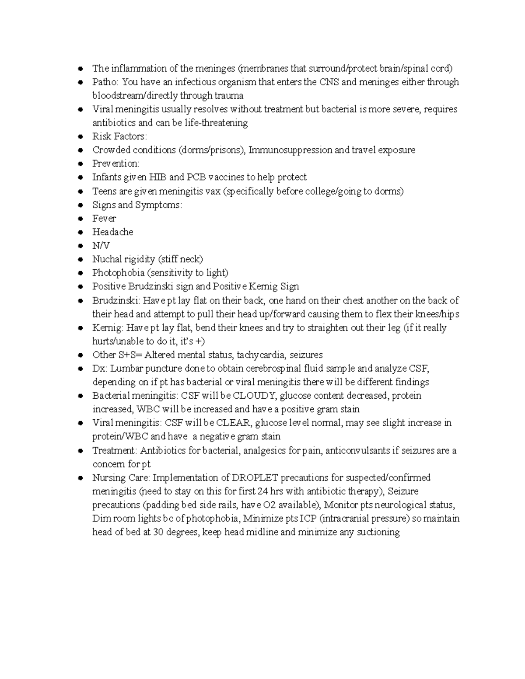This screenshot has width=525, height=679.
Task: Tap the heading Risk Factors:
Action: tap(119, 136)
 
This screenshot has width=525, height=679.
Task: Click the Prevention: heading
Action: tap(115, 164)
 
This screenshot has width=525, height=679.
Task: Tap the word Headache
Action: tap(112, 232)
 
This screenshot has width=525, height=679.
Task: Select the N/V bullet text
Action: tap(101, 246)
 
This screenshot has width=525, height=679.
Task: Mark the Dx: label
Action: tap(99, 369)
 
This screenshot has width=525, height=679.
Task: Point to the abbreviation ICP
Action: tap(308, 519)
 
